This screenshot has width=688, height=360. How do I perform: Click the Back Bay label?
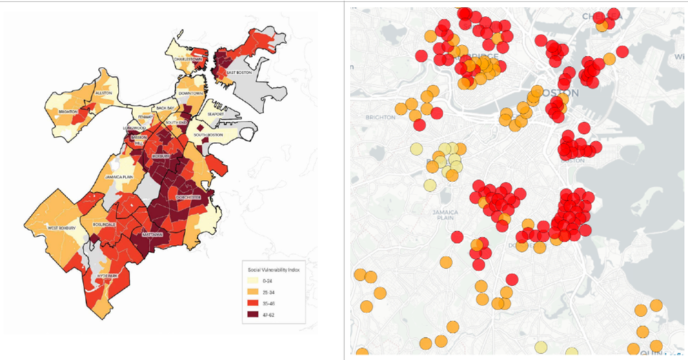pos(166,108)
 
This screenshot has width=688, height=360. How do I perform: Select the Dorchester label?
pos(188,197)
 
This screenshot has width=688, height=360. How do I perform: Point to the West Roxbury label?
pos(61,228)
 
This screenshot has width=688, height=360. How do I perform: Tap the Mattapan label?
pos(152,234)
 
